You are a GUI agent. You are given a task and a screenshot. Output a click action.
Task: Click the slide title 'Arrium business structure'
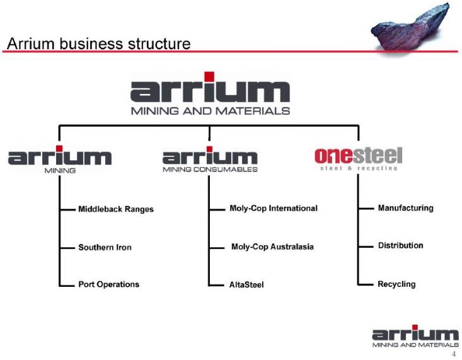pyautogui.click(x=99, y=44)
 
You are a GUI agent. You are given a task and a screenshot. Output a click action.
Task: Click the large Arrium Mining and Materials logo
pyautogui.click(x=210, y=93)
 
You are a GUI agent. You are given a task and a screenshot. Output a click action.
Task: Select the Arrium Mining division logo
pyautogui.click(x=60, y=160)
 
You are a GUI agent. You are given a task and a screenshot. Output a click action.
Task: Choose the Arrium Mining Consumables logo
pyautogui.click(x=210, y=160)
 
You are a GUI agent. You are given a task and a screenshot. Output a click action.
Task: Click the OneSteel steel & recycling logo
pyautogui.click(x=359, y=159)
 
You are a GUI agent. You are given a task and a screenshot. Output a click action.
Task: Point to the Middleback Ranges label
pyautogui.click(x=116, y=209)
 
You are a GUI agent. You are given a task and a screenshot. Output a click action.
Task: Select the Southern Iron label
pyautogui.click(x=105, y=247)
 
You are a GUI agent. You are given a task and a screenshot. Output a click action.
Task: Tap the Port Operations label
pyautogui.click(x=108, y=284)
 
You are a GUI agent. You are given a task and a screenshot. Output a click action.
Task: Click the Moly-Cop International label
pyautogui.click(x=274, y=208)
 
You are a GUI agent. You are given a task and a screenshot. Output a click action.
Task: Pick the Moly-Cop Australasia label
pyautogui.click(x=272, y=247)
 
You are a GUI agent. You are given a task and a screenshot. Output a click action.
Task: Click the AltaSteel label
pyautogui.click(x=246, y=284)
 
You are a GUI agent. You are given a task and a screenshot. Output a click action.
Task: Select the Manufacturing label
pyautogui.click(x=406, y=208)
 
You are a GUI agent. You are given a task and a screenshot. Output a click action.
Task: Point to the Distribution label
pyautogui.click(x=401, y=245)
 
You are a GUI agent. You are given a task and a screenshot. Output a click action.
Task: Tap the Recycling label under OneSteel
pyautogui.click(x=396, y=284)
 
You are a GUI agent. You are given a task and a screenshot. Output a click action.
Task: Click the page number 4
pyautogui.click(x=454, y=354)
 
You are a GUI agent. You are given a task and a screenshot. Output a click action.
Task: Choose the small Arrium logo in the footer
pyautogui.click(x=415, y=336)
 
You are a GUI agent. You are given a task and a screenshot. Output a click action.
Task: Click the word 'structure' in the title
pyautogui.click(x=159, y=44)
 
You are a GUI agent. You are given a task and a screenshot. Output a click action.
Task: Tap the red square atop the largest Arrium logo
pyautogui.click(x=209, y=76)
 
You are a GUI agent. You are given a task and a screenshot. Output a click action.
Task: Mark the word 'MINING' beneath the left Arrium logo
pyautogui.click(x=60, y=170)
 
